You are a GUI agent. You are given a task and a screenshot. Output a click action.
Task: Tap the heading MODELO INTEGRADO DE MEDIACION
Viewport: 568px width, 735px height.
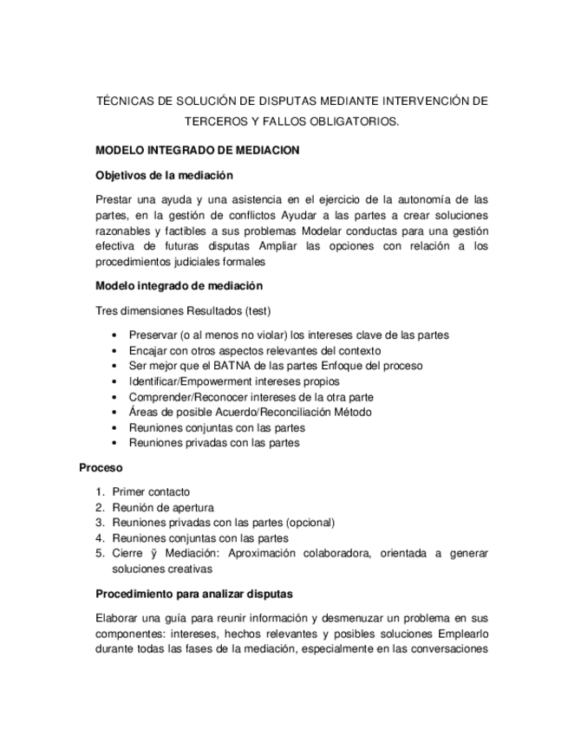pos(197,150)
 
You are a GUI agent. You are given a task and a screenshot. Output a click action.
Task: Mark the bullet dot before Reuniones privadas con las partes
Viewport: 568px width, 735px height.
pos(116,443)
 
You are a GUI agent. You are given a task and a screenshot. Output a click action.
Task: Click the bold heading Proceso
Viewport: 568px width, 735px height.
pos(100,467)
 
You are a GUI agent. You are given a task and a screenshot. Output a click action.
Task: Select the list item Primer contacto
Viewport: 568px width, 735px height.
pos(151,491)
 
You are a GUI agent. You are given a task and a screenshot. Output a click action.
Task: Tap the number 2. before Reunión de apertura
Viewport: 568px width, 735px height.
pos(101,507)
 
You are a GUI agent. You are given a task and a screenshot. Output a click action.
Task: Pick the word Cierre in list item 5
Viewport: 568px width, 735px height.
pos(127,553)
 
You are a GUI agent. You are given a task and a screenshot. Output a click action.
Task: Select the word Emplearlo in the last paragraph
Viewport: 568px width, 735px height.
pos(463,634)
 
